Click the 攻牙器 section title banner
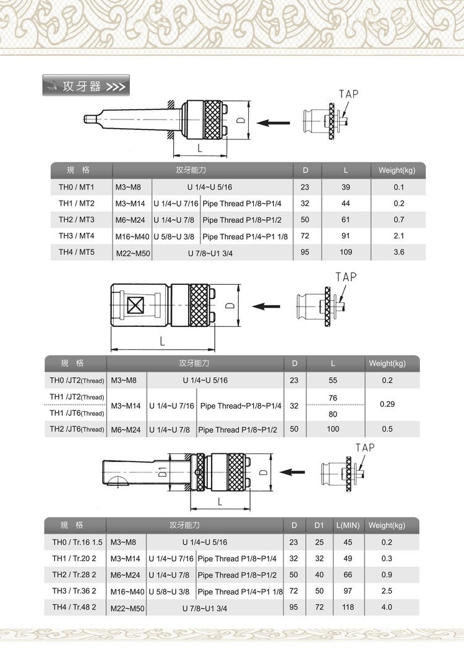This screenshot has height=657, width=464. (x=86, y=85)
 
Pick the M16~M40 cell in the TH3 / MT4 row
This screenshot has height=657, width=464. (x=132, y=236)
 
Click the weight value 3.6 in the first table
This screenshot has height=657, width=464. (x=398, y=252)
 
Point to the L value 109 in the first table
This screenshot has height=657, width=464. (x=346, y=252)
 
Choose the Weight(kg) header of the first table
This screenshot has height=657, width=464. (x=397, y=170)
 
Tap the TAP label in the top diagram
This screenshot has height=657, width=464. (x=348, y=94)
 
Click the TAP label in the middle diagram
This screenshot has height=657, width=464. (x=346, y=277)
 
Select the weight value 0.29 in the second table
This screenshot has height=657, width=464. (x=388, y=404)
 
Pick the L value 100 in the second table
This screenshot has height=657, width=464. (x=333, y=429)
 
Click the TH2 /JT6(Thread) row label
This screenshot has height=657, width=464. (x=77, y=429)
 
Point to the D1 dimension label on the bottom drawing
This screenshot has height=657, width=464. (x=163, y=472)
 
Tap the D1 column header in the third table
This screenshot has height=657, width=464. (x=319, y=525)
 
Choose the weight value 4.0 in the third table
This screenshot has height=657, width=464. (x=387, y=607)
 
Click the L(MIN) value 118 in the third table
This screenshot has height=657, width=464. (x=348, y=607)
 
